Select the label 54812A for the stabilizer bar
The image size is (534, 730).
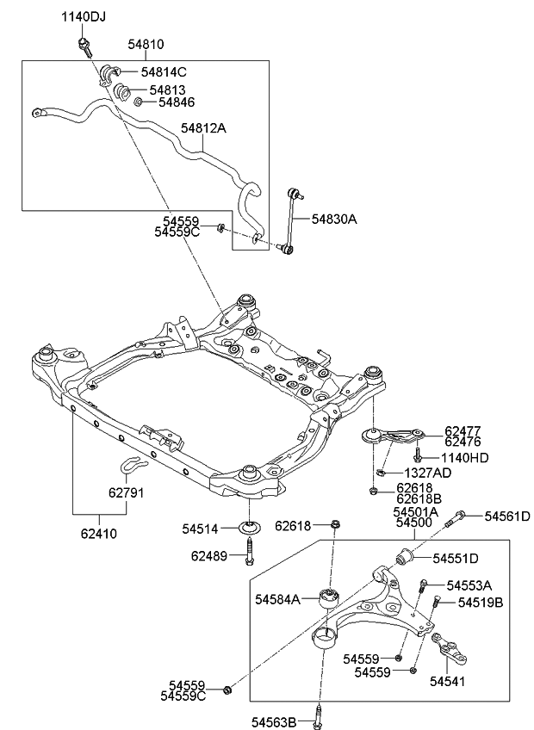[x=203, y=128]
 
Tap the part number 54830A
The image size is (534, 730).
[x=333, y=219]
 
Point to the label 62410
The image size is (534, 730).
[x=99, y=534]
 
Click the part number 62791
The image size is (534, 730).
[x=127, y=494]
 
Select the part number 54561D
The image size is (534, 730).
[x=507, y=517]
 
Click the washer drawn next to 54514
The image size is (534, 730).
[x=250, y=527]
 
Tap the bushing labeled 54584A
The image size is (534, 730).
[x=329, y=597]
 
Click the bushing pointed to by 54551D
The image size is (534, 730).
[x=406, y=558]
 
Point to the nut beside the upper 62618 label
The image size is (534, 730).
[x=336, y=524]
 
